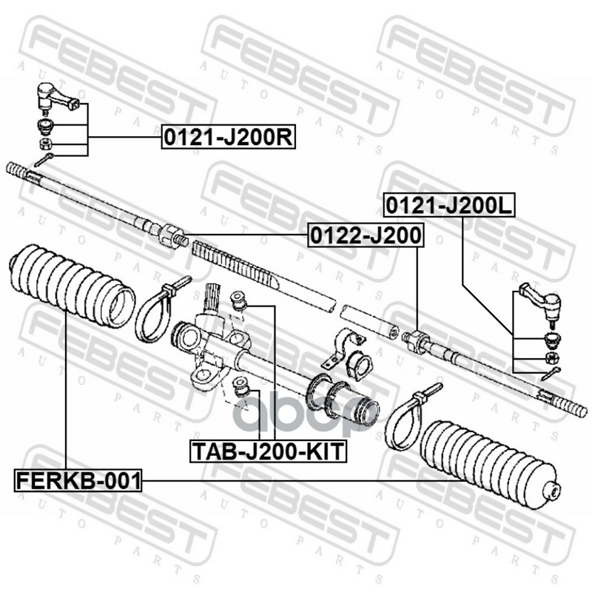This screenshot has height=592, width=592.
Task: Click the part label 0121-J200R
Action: click(229, 137)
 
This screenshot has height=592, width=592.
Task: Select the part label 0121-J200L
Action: click(449, 206)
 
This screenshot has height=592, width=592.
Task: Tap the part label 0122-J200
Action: click(366, 235)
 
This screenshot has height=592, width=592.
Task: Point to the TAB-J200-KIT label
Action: click(268, 451)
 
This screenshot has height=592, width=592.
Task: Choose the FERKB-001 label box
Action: click(78, 480)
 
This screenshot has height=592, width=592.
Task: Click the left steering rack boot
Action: click(72, 287)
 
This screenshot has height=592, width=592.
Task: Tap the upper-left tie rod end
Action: click(57, 96)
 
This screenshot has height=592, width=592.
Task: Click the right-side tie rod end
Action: click(542, 301)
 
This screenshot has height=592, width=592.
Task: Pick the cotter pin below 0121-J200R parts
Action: click(44, 159)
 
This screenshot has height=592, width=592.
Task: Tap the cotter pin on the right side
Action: click(551, 374)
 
